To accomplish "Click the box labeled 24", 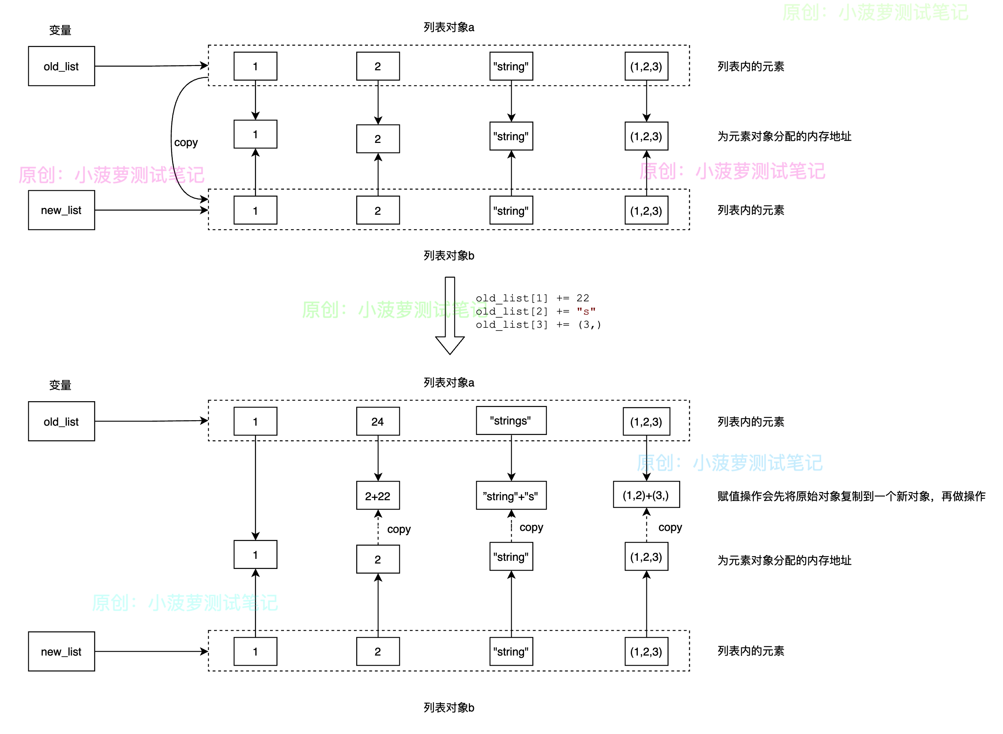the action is click(x=378, y=421).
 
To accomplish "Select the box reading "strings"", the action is click(x=511, y=420).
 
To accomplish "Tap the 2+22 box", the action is click(x=378, y=496).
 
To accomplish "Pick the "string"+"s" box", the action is click(x=511, y=496).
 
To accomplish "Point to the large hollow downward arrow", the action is click(x=450, y=315).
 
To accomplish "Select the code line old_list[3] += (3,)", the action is click(x=538, y=325).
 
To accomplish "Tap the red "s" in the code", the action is click(x=586, y=311).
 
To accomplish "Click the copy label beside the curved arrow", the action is click(x=186, y=143).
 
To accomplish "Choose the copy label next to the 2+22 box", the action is click(x=399, y=529).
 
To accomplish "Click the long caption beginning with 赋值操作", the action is click(x=851, y=496).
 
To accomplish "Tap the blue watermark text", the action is click(x=729, y=463).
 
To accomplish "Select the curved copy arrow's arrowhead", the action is click(x=204, y=199).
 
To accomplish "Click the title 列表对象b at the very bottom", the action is click(x=449, y=707).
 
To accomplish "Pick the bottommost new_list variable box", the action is click(x=61, y=651).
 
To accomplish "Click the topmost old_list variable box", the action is click(x=61, y=66).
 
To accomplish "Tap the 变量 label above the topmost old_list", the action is click(x=60, y=30).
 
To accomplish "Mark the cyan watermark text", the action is click(x=185, y=603).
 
